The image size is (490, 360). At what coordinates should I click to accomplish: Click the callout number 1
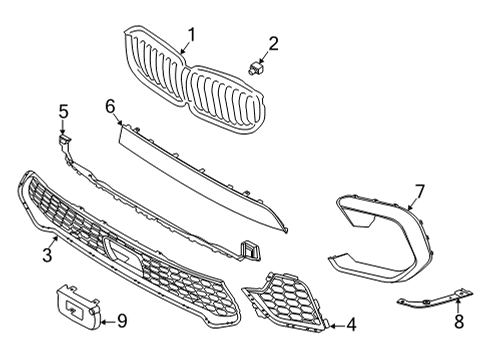click(191, 34)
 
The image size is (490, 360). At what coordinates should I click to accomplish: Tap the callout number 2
click(273, 43)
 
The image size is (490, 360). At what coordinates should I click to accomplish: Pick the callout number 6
click(110, 104)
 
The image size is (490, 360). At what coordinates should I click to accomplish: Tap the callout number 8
click(459, 323)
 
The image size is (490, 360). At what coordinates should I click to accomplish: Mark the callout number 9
click(122, 321)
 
